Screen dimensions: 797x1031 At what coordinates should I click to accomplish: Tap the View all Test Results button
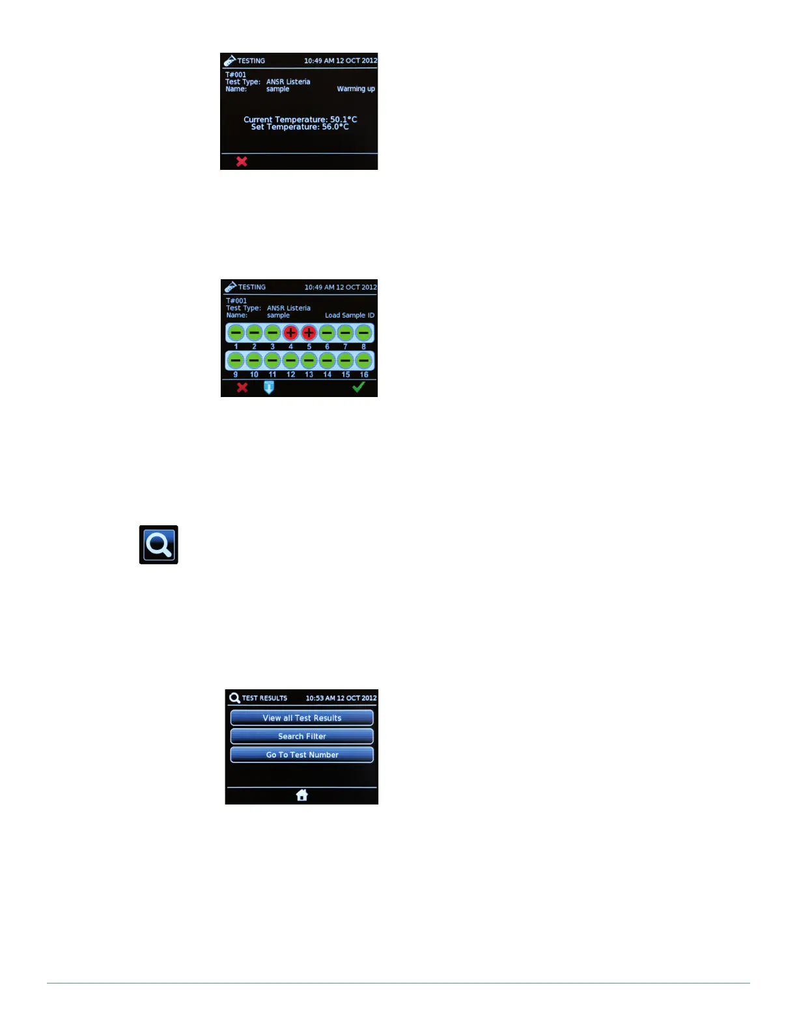click(x=301, y=718)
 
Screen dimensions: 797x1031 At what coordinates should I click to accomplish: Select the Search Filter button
click(x=301, y=736)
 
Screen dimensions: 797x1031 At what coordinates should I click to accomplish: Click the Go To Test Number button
click(x=301, y=755)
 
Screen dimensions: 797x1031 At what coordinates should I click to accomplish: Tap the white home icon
click(x=301, y=795)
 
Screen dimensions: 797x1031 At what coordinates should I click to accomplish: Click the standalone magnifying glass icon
click(x=158, y=545)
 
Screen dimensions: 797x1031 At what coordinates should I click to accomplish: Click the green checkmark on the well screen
click(x=358, y=387)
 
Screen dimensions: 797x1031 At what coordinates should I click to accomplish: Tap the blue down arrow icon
click(x=268, y=387)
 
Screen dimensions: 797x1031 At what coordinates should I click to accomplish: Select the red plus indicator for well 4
click(x=290, y=333)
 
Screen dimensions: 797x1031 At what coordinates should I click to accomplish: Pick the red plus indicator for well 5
click(x=309, y=333)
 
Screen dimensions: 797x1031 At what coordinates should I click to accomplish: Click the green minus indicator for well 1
click(x=236, y=333)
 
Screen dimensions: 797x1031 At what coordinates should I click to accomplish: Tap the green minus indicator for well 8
click(x=363, y=333)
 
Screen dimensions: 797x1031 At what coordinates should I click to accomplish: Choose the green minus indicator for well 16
click(x=363, y=361)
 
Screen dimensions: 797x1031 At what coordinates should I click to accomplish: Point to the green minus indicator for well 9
click(x=236, y=361)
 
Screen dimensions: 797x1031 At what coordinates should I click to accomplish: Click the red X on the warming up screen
click(x=242, y=161)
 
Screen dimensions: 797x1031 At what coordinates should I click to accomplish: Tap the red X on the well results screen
click(x=242, y=387)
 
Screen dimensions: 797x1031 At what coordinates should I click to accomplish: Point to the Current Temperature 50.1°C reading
click(x=300, y=119)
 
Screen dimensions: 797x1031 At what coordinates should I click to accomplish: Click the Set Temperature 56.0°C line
click(x=300, y=127)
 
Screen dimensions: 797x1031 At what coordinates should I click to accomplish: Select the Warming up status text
click(x=356, y=89)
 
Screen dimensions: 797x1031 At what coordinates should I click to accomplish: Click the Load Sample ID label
click(x=350, y=316)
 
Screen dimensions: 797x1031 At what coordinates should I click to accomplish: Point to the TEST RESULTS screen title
click(x=264, y=698)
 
